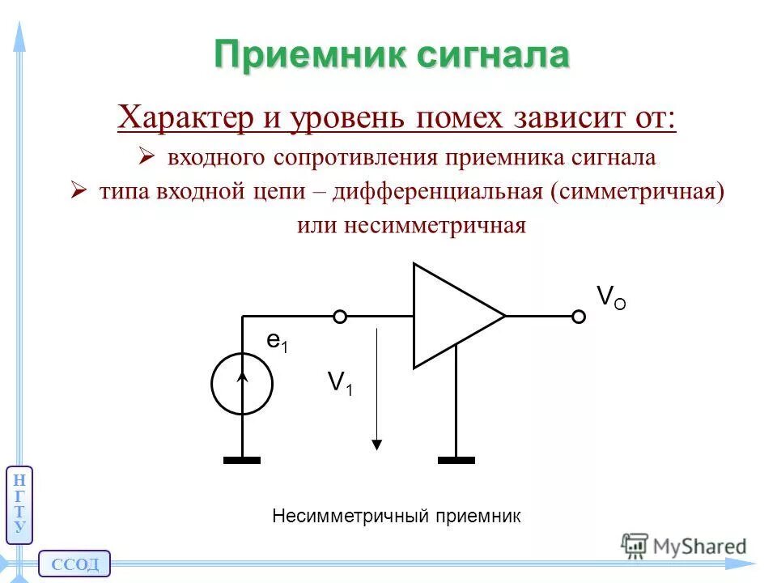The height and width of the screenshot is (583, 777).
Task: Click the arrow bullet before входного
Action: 146,156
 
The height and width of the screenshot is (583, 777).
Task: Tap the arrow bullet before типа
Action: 79,192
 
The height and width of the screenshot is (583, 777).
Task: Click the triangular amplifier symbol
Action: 450,316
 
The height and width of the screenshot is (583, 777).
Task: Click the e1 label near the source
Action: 278,343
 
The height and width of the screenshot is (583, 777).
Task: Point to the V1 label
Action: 340,382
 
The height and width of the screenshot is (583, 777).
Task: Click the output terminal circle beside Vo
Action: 579,317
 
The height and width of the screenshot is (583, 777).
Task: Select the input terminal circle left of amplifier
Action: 341,317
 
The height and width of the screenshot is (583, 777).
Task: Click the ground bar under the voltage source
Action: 242,460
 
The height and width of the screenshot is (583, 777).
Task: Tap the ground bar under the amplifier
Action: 456,460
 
